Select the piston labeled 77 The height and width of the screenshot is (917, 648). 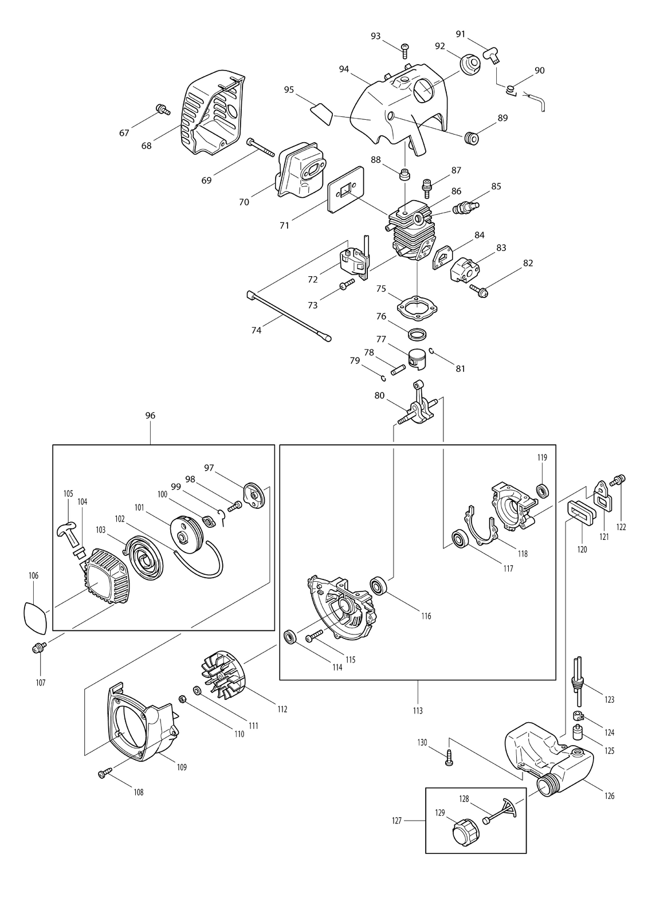click(x=418, y=359)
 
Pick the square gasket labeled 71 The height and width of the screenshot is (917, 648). click(x=346, y=190)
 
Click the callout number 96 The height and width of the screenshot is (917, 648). click(x=150, y=416)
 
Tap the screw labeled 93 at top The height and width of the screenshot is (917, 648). click(x=405, y=50)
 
